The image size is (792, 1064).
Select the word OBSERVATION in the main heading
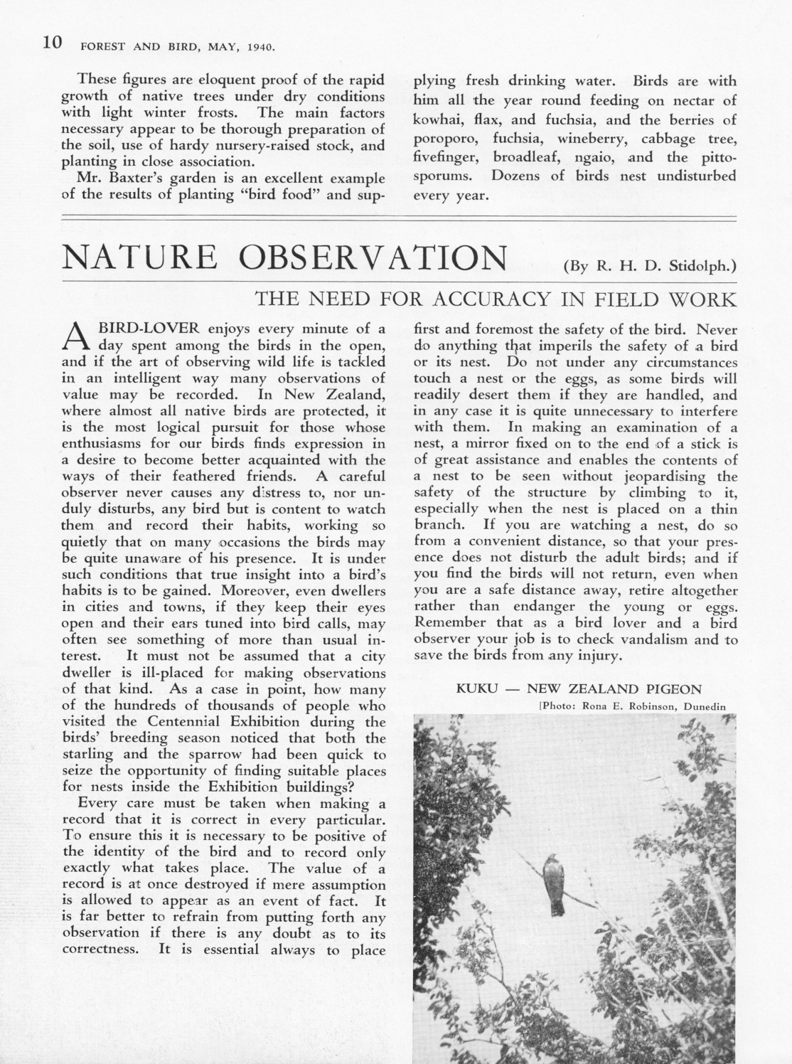coord(373,257)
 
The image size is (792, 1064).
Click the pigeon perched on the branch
coord(554,884)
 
